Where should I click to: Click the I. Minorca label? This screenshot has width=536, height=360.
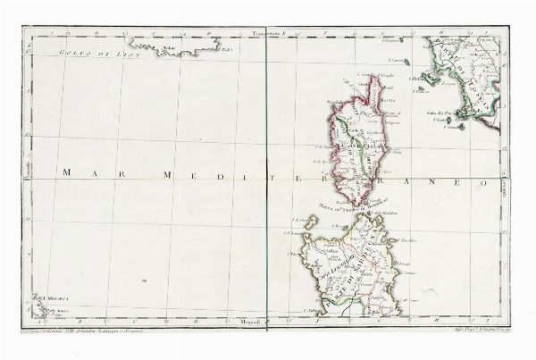click(x=45, y=298)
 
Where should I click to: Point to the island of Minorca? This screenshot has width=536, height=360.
click(x=41, y=309)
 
